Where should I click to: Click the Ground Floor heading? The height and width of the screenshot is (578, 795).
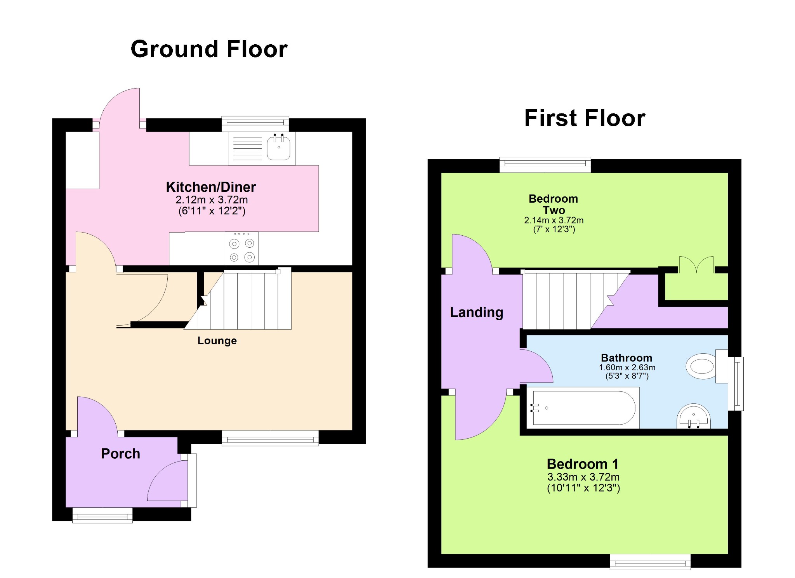click(x=209, y=49)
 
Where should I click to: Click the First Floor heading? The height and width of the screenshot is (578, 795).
click(x=585, y=118)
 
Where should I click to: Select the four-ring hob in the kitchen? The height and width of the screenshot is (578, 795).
click(x=241, y=248)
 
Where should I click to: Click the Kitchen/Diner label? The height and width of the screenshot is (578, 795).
click(x=211, y=187)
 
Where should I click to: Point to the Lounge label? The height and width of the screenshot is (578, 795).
click(x=217, y=341)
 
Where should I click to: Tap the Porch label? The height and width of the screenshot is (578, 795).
click(x=120, y=454)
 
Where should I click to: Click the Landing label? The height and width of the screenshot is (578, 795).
click(x=476, y=312)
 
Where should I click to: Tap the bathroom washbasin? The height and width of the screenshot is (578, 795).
click(x=693, y=417)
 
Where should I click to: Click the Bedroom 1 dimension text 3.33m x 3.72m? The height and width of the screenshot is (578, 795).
click(x=583, y=477)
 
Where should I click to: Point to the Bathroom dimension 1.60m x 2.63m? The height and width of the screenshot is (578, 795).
click(x=627, y=367)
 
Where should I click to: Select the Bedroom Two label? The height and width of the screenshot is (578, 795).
click(x=553, y=205)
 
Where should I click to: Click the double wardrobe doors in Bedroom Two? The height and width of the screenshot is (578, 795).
click(x=696, y=265)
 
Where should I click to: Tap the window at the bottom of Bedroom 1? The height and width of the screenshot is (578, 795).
click(x=650, y=562)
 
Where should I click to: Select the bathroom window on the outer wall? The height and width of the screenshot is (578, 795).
click(x=736, y=384)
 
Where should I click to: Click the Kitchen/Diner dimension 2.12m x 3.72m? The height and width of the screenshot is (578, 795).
click(x=212, y=200)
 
